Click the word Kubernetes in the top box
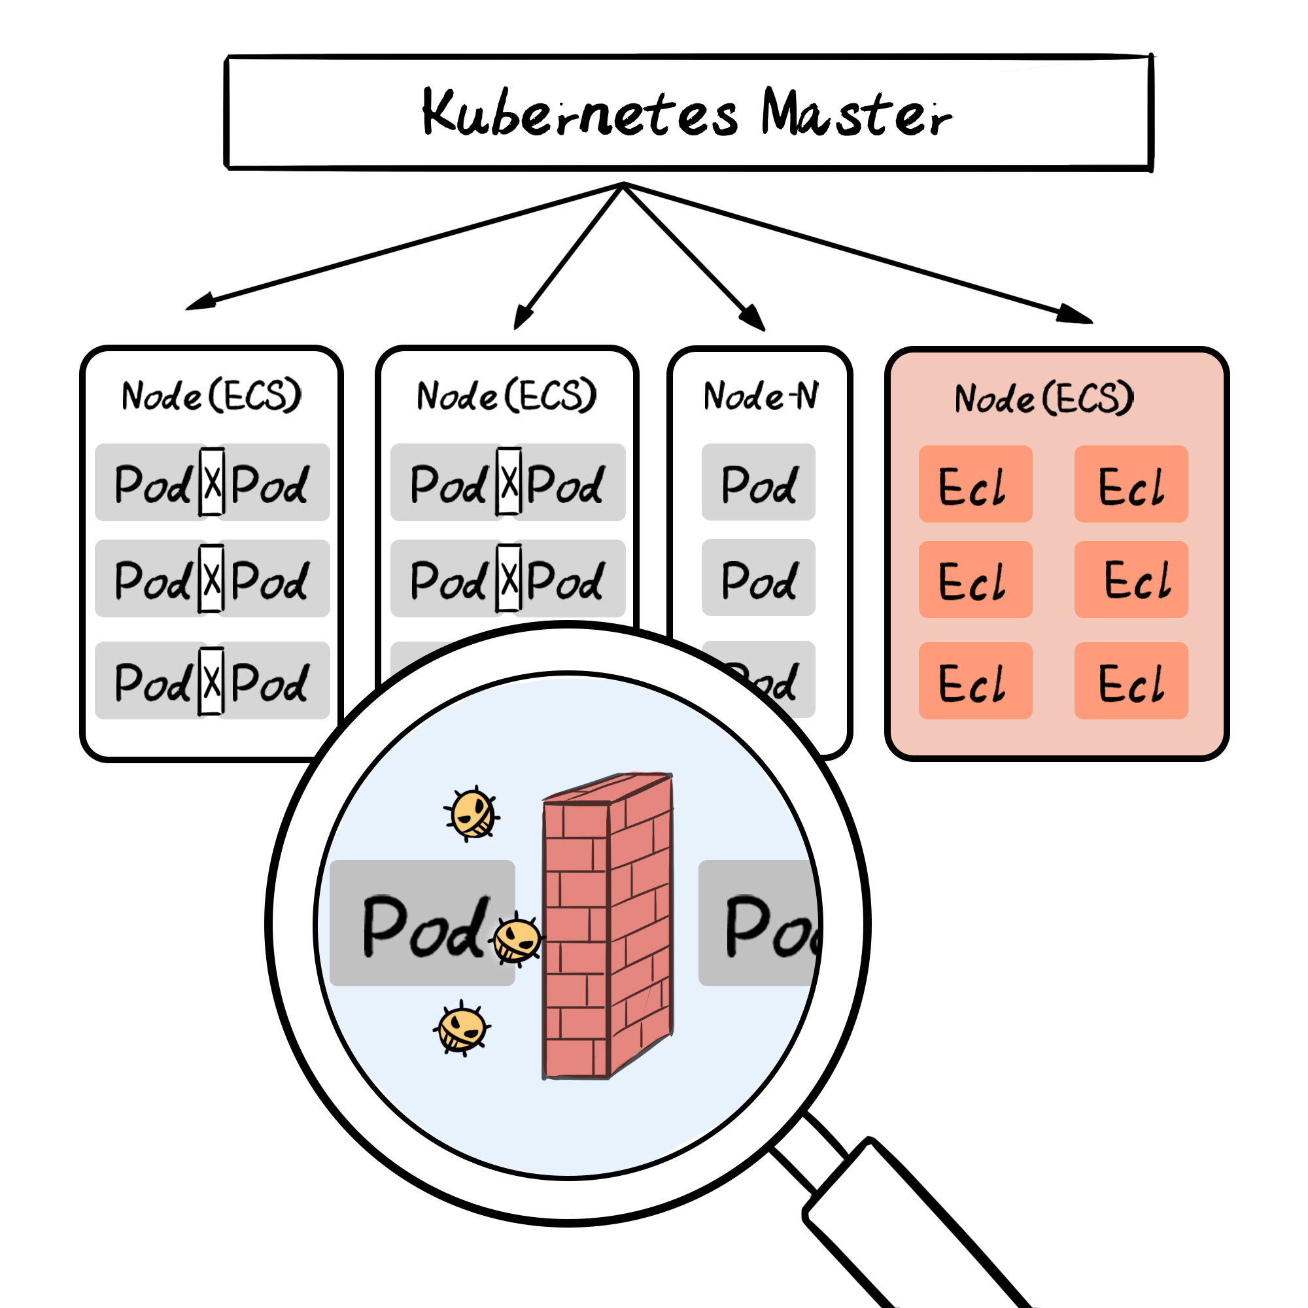579,112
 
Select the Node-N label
761,396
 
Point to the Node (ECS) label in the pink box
1043,398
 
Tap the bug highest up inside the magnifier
473,813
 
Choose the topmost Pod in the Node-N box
758,483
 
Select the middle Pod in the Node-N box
758,578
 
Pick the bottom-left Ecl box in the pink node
975,681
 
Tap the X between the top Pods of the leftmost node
212,482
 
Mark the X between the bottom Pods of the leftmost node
212,680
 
